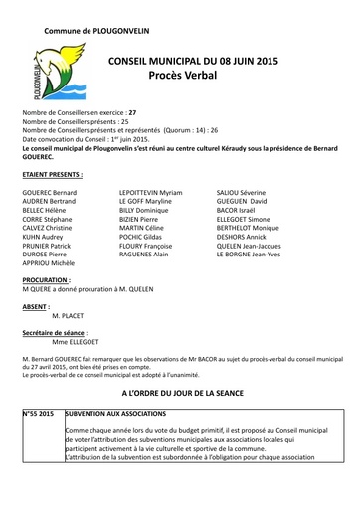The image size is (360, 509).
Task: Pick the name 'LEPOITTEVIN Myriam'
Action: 150,190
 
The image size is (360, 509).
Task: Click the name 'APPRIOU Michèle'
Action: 48,262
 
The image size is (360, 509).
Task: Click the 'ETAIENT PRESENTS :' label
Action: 51,173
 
